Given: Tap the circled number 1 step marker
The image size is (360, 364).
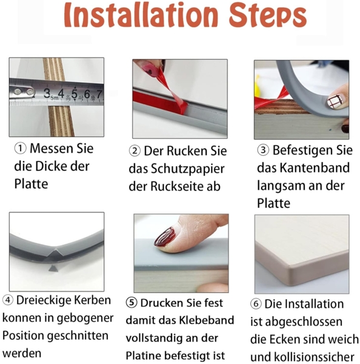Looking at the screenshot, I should point(21,149).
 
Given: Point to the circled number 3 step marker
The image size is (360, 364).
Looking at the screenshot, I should point(263,149).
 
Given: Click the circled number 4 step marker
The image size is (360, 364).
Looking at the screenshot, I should point(8,300).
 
